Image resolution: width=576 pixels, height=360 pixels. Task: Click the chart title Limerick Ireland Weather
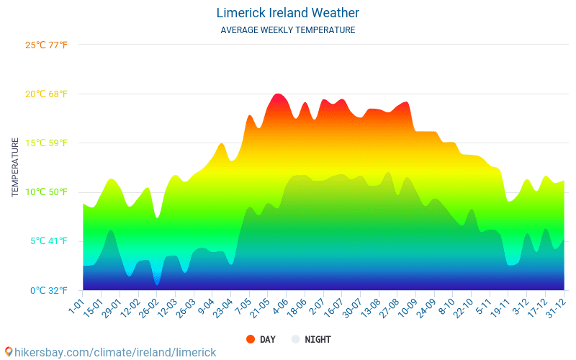click(287, 13)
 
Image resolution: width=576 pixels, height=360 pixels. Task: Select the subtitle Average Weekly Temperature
click(287, 30)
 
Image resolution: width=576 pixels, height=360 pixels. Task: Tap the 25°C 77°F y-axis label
click(46, 45)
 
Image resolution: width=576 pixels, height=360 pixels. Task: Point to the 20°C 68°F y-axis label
click(46, 94)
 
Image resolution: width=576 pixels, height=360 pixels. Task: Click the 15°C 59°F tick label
click(46, 143)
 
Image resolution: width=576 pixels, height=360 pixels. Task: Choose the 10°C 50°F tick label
click(46, 192)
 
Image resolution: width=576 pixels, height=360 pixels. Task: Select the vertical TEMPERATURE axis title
click(15, 168)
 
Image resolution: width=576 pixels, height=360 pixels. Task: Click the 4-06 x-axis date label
click(279, 306)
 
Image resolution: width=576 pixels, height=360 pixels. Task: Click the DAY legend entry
click(261, 339)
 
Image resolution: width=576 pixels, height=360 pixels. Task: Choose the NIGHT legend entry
click(311, 339)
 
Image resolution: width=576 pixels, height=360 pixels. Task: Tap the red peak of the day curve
click(279, 95)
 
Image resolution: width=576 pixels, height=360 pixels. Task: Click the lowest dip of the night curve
click(156, 284)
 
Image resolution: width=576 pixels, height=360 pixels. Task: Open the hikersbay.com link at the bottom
click(110, 352)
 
